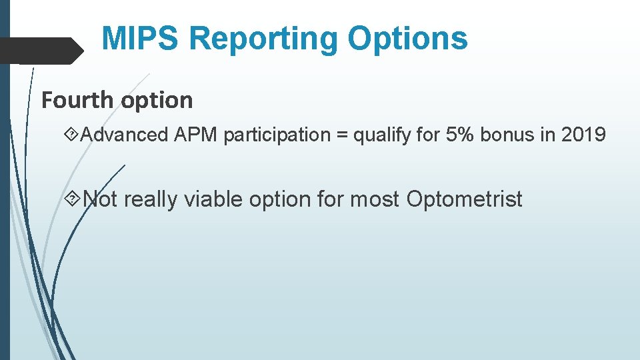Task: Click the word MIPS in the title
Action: click(x=141, y=39)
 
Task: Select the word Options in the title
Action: click(x=408, y=39)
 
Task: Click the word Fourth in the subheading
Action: click(x=78, y=101)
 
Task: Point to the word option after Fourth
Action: click(x=157, y=101)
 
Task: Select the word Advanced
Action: click(x=125, y=135)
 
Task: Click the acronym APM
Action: click(x=197, y=135)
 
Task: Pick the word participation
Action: click(x=277, y=135)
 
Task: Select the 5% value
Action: click(x=457, y=135)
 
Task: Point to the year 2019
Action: click(x=583, y=135)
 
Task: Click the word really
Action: click(x=151, y=199)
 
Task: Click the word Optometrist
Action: click(x=464, y=199)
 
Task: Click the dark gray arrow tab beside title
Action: click(x=40, y=50)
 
